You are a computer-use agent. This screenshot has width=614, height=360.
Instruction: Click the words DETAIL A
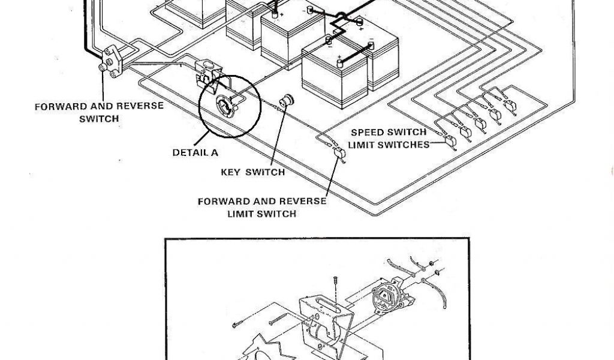tap(195, 152)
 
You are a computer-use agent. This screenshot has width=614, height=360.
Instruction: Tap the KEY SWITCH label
tap(252, 172)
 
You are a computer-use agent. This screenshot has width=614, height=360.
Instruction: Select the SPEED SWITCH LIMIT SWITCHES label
tap(390, 139)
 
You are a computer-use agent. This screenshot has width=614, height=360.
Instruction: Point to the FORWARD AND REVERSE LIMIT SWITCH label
tap(262, 208)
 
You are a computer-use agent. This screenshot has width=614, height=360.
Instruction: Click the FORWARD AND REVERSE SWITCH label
tap(99, 112)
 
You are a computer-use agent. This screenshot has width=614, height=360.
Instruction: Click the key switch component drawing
tap(287, 100)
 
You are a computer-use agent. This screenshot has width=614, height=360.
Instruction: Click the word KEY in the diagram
tap(231, 172)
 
